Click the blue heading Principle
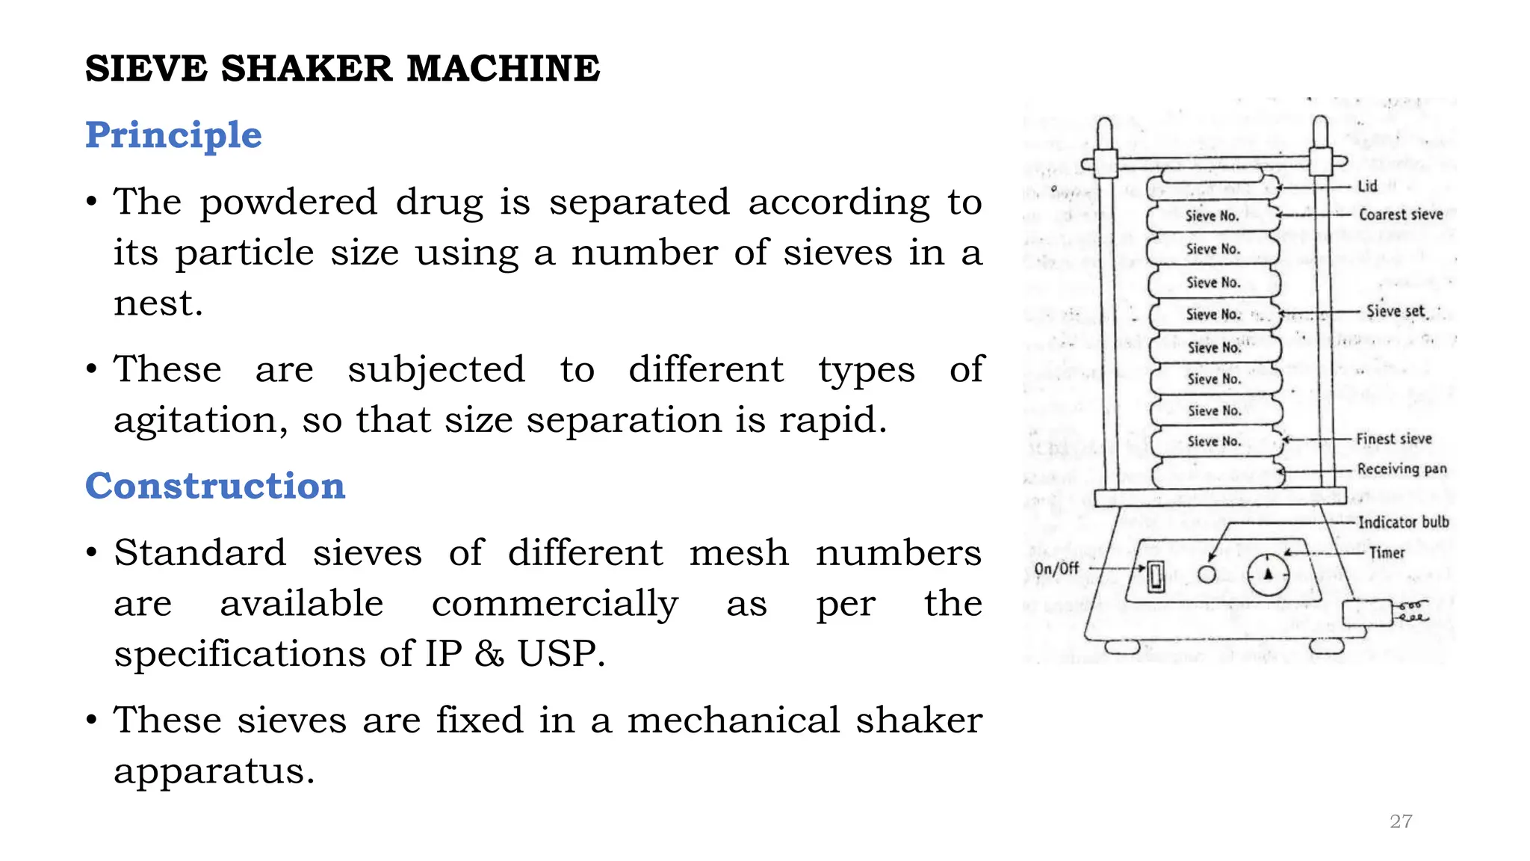[173, 135]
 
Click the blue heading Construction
[215, 486]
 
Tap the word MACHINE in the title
[503, 69]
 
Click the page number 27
[1401, 821]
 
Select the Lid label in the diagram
[1367, 186]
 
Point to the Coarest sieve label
[1401, 215]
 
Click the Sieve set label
[1396, 311]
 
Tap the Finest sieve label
[1394, 439]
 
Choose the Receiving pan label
[1402, 469]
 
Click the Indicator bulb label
[1403, 522]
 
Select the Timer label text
[1387, 553]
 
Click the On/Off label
[1056, 569]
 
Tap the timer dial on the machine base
[1268, 575]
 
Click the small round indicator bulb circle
[1207, 574]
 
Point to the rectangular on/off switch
[1156, 575]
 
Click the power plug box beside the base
[1367, 613]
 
